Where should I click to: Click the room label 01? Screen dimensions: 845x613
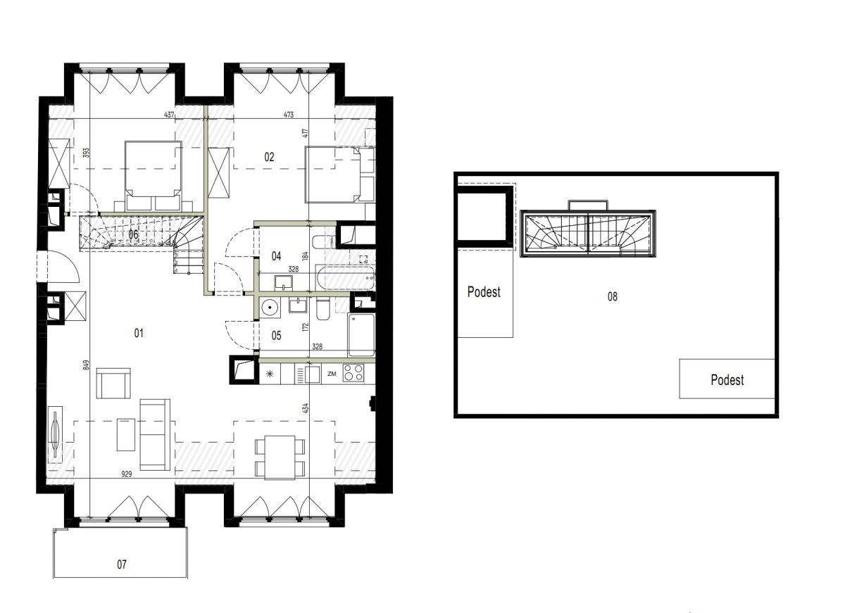pyautogui.click(x=139, y=334)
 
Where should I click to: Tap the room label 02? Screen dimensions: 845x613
pyautogui.click(x=269, y=157)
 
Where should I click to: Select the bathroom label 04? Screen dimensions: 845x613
pyautogui.click(x=276, y=256)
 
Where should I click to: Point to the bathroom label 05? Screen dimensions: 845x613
pyautogui.click(x=276, y=336)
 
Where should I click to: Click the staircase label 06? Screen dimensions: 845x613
pyautogui.click(x=133, y=234)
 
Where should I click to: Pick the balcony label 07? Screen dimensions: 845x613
pyautogui.click(x=121, y=564)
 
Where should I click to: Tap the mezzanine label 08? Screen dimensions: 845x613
pyautogui.click(x=612, y=297)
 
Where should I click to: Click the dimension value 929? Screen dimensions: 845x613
pyautogui.click(x=127, y=474)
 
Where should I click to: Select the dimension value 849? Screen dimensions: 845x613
pyautogui.click(x=86, y=366)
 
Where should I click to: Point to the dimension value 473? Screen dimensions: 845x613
pyautogui.click(x=288, y=114)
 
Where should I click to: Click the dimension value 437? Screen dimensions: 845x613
pyautogui.click(x=169, y=114)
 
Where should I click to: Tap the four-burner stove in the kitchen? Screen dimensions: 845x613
pyautogui.click(x=353, y=372)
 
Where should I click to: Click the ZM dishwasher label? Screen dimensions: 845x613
pyautogui.click(x=332, y=374)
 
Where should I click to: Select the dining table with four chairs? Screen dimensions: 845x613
pyautogui.click(x=280, y=457)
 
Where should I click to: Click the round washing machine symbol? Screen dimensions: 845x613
pyautogui.click(x=270, y=308)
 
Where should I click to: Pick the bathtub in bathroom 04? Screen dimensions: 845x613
pyautogui.click(x=344, y=277)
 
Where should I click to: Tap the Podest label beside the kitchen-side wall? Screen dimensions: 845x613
pyautogui.click(x=727, y=380)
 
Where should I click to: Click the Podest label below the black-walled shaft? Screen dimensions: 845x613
pyautogui.click(x=484, y=292)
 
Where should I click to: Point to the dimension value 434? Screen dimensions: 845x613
pyautogui.click(x=306, y=408)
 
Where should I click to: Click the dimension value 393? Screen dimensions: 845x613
pyautogui.click(x=86, y=152)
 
